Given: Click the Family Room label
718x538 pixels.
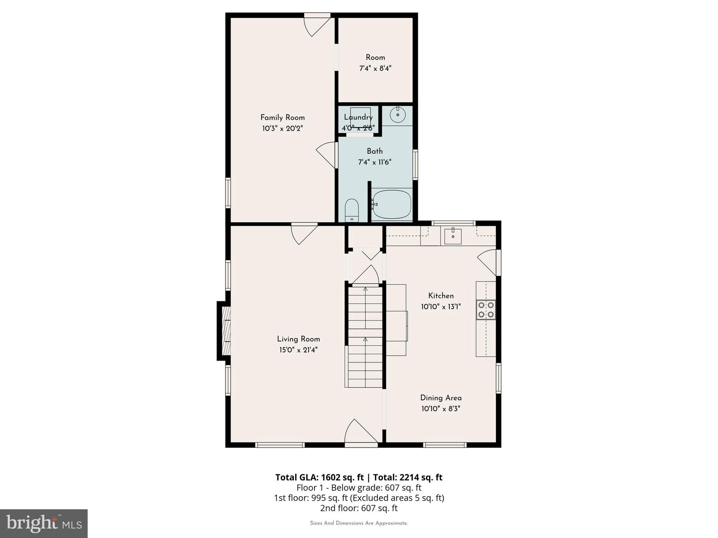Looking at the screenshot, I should (x=282, y=118).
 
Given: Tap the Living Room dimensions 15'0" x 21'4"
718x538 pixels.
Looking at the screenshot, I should (x=298, y=350).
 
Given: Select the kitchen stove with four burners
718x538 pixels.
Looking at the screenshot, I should (x=486, y=310).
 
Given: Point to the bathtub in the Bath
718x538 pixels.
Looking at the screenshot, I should (x=392, y=205).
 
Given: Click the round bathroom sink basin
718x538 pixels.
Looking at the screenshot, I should (x=398, y=115).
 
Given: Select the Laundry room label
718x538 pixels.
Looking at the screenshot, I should (x=358, y=117).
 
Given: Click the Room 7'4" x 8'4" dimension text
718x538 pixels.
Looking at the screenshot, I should (x=375, y=68).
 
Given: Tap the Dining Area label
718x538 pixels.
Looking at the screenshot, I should (x=441, y=398).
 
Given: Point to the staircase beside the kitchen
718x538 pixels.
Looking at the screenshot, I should (x=365, y=336).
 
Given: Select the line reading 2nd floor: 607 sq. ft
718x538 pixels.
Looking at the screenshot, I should (x=359, y=508).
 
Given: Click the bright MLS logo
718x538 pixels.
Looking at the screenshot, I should (x=43, y=523).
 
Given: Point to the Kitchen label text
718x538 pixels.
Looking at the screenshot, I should (x=441, y=296).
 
